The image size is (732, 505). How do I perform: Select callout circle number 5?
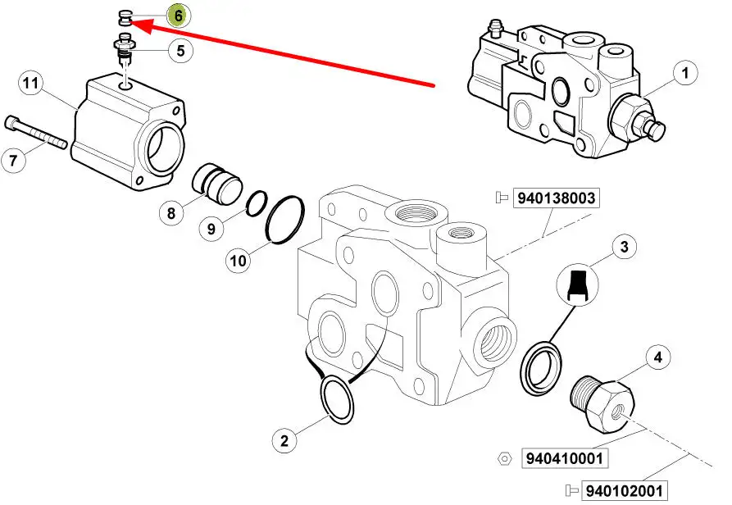(x=180, y=51)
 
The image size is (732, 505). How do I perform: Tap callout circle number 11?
(x=30, y=83)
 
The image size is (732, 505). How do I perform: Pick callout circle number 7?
(x=14, y=161)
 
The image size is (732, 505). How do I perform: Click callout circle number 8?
(x=171, y=215)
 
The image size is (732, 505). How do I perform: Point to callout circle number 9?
(x=211, y=229)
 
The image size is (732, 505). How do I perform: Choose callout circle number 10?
(x=238, y=261)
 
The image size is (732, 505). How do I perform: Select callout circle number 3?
(x=624, y=246)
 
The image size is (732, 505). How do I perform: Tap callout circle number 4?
(x=657, y=357)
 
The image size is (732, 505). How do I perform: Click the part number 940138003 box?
(x=555, y=198)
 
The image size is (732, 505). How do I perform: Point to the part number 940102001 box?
(x=622, y=492)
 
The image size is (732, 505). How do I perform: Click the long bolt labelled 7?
(x=38, y=133)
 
